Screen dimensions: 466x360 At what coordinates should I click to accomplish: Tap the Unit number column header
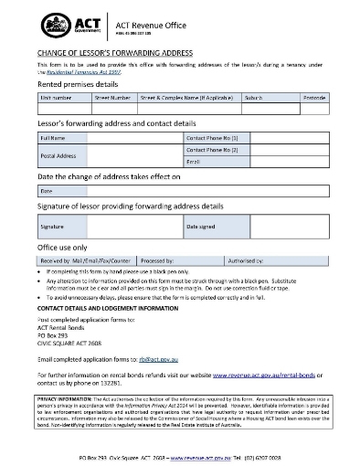[56, 95]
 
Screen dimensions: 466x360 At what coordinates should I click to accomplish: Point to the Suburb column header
[253, 95]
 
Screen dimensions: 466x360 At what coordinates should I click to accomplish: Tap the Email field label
[193, 161]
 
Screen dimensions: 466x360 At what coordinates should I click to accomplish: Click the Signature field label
[53, 225]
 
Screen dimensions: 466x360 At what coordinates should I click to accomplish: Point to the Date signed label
[201, 225]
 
